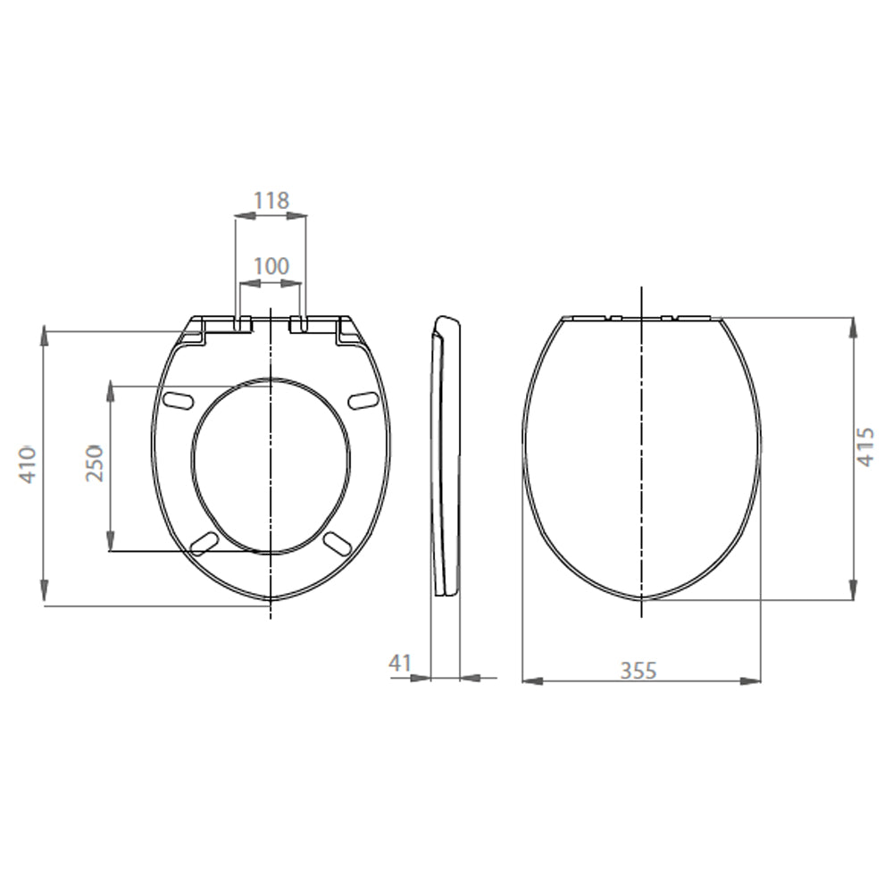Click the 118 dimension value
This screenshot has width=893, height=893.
click(271, 200)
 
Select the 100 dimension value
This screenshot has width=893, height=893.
click(271, 266)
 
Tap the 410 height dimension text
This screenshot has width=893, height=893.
click(28, 465)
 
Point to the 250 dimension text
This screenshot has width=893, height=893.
click(95, 463)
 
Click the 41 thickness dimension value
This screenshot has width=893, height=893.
click(400, 663)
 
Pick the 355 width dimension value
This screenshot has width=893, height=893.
click(638, 671)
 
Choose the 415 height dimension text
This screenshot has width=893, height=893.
click(865, 447)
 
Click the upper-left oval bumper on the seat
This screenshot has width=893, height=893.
click(178, 399)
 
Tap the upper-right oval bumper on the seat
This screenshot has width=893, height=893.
click(363, 400)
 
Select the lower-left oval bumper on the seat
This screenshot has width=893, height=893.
click(204, 543)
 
